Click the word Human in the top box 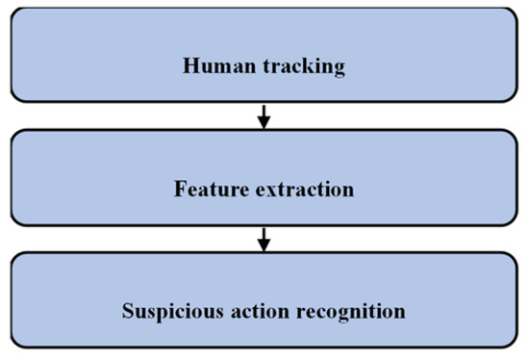tap(212, 67)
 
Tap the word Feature tap(205, 190)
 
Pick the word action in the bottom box tap(254, 312)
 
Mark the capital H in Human tap(189, 67)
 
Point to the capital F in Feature tap(180, 190)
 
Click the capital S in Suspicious tap(128, 312)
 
